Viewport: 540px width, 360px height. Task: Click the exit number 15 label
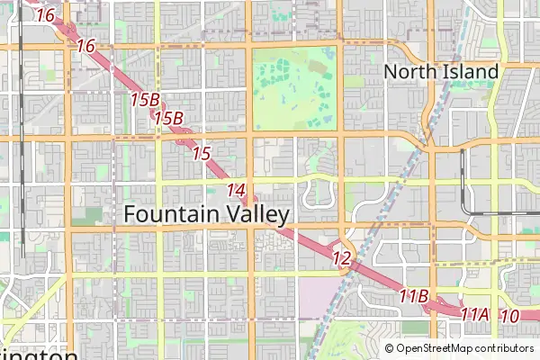pos(202,154)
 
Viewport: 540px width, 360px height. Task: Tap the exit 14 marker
pos(237,190)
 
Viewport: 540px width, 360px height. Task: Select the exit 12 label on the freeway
pos(341,258)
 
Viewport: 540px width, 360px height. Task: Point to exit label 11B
pos(414,295)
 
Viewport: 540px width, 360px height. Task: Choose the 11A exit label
pos(474,314)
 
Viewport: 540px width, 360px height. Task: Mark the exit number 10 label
pos(509,316)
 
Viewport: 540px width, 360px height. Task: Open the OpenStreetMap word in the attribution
pos(436,348)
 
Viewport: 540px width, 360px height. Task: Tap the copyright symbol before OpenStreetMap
pos(390,348)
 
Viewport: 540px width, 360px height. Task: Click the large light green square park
pos(295,88)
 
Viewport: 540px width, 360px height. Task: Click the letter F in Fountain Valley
pos(130,214)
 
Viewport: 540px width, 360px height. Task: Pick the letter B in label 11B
pos(423,296)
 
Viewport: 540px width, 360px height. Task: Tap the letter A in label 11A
pos(483,314)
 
